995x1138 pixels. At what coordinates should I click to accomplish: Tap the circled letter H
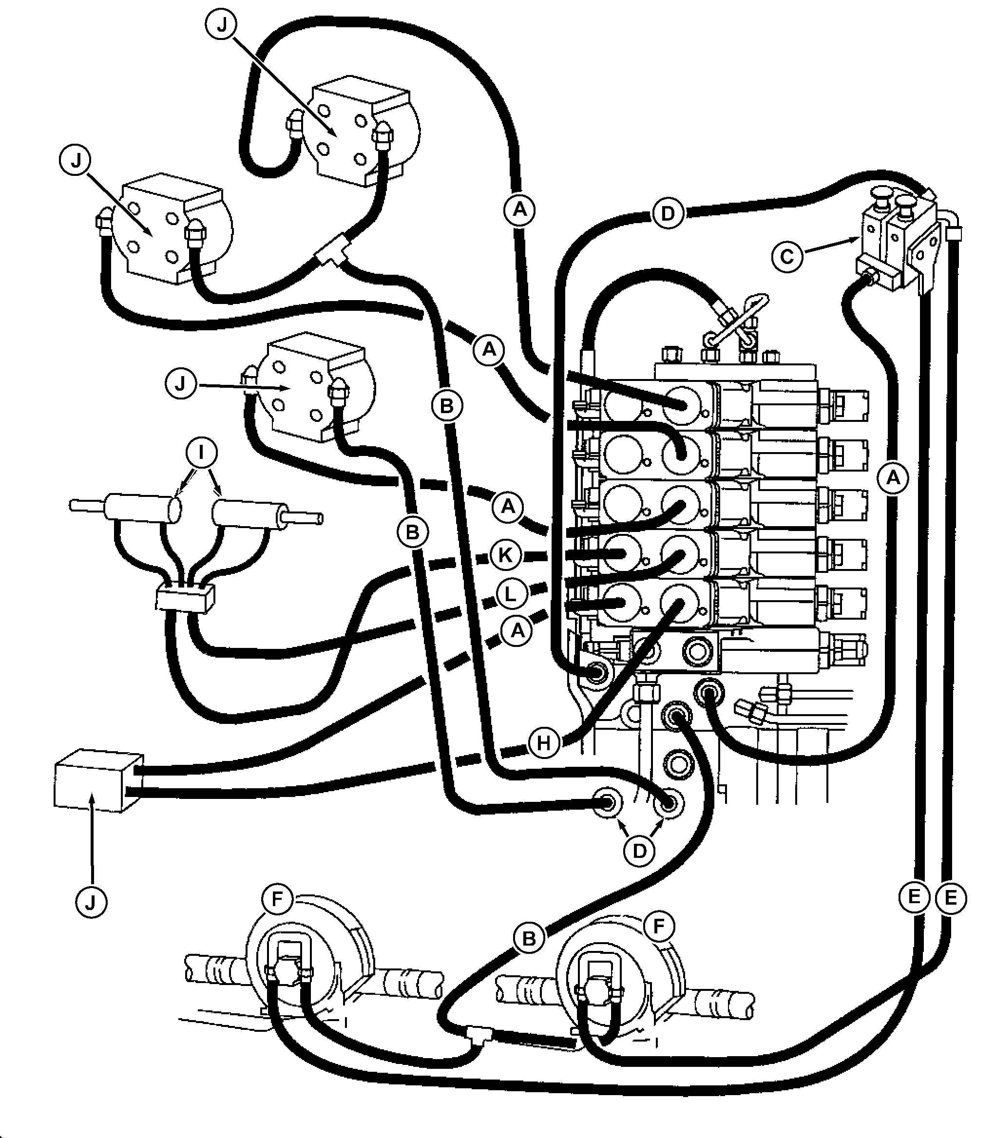(544, 743)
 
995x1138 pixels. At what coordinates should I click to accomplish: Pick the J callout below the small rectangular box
(91, 902)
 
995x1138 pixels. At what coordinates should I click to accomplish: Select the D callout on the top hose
(668, 214)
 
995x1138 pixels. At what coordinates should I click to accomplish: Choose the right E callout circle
(951, 898)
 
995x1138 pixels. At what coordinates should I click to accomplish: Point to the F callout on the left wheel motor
(278, 900)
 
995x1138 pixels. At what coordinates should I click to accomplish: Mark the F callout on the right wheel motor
(658, 926)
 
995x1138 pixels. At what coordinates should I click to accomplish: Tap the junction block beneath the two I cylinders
(185, 598)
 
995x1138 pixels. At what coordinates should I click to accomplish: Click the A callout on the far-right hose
(893, 477)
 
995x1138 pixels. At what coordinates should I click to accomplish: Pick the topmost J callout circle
(222, 25)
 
